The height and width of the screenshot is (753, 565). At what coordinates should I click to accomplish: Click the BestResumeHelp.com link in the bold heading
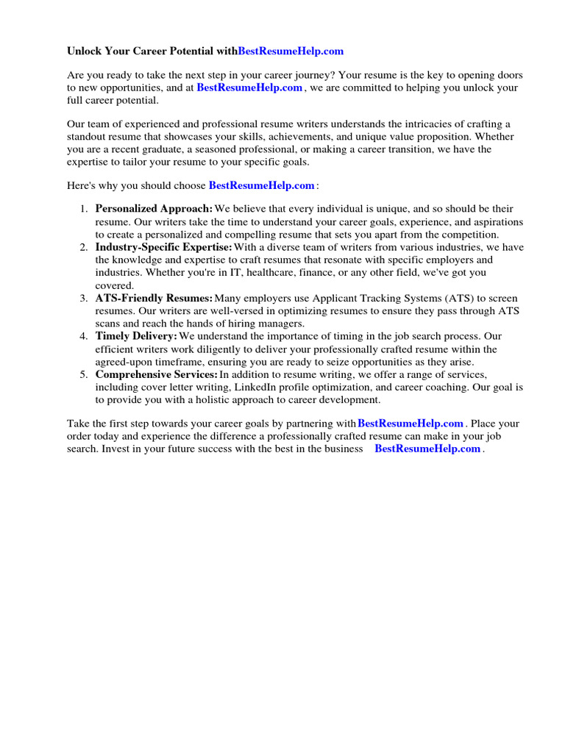[x=291, y=51]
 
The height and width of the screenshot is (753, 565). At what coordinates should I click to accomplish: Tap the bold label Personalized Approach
[x=154, y=209]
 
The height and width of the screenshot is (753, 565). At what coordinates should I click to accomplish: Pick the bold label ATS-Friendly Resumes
[x=154, y=298]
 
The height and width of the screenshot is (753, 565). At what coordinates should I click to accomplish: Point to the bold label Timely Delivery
[x=137, y=336]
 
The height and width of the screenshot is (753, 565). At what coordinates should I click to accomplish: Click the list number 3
[x=84, y=298]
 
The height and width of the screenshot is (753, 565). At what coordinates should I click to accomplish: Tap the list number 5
[x=84, y=374]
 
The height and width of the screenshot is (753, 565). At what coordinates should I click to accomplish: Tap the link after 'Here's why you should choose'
[x=262, y=186]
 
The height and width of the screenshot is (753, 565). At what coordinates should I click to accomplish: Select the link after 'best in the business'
[x=427, y=449]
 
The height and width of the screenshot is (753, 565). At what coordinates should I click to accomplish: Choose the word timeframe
[x=220, y=361]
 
